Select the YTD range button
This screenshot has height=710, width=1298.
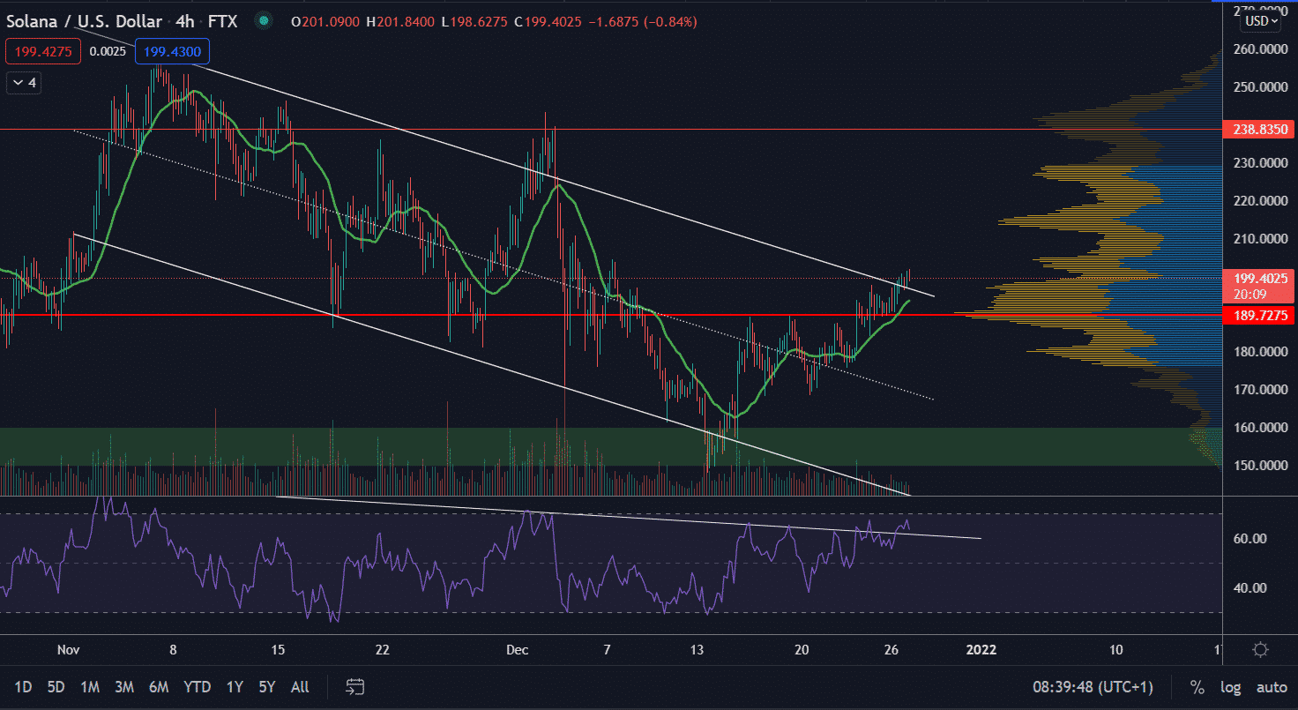[x=198, y=687]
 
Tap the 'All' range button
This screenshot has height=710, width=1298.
[x=300, y=687]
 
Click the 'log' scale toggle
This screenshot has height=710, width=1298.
[x=1230, y=687]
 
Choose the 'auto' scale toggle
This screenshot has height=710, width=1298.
[x=1272, y=687]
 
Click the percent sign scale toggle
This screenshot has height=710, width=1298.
[x=1197, y=687]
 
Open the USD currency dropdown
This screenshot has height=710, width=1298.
[x=1260, y=21]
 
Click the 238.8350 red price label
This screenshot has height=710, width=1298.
[x=1258, y=130]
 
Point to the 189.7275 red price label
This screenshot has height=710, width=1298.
[x=1258, y=315]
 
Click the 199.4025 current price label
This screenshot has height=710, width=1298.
[x=1258, y=278]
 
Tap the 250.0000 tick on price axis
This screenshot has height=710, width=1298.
[x=1258, y=87]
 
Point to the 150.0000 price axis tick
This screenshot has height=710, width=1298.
[x=1258, y=466]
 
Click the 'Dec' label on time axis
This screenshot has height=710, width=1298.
[x=518, y=650]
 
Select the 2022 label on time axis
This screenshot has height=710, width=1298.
[x=981, y=650]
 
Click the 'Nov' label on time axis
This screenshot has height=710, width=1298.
[x=68, y=650]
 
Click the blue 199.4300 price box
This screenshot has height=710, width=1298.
[x=173, y=52]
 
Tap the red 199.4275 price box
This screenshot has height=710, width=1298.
[x=43, y=52]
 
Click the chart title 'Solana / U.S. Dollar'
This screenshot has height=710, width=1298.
[x=84, y=21]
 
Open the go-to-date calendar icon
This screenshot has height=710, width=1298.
[x=355, y=687]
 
